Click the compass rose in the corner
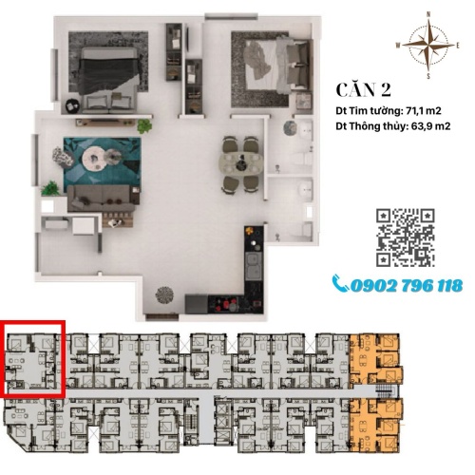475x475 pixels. pyautogui.click(x=428, y=46)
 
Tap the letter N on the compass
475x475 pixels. pyautogui.click(x=428, y=14)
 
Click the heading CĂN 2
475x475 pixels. pyautogui.click(x=364, y=90)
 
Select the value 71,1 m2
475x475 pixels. pyautogui.click(x=422, y=111)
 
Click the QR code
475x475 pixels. pyautogui.click(x=405, y=237)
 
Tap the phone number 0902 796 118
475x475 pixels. pyautogui.click(x=407, y=286)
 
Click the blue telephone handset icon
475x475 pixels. pyautogui.click(x=341, y=284)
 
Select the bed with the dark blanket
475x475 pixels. pyautogui.click(x=109, y=80)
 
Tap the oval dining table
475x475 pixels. pyautogui.click(x=241, y=163)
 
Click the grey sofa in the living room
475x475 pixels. pyautogui.click(x=102, y=199)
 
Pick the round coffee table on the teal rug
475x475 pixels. pyautogui.click(x=94, y=158)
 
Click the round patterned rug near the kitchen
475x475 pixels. pyautogui.click(x=164, y=295)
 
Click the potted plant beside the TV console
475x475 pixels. pyautogui.click(x=144, y=126)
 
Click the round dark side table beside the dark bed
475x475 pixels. pyautogui.click(x=72, y=105)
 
